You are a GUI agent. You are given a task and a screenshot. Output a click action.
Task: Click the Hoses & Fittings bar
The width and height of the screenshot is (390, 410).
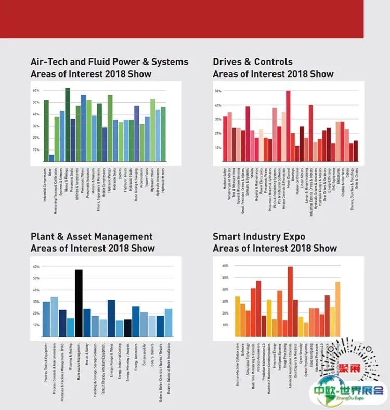click(68, 125)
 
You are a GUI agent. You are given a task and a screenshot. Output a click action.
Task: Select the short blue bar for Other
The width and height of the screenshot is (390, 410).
click(51, 158)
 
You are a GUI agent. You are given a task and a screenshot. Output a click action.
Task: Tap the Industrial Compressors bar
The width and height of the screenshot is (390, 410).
click(46, 131)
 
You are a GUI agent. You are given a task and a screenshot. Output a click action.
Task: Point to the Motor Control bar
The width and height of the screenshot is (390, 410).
click(288, 126)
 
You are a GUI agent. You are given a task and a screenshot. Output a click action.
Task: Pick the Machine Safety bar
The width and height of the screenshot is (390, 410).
click(225, 139)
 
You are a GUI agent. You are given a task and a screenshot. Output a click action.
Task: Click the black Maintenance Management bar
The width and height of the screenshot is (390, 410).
click(79, 303)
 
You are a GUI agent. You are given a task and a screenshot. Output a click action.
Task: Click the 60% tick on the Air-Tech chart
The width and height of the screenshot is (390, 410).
click(36, 90)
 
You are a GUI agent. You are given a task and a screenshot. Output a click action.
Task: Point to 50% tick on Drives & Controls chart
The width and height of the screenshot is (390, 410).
click(218, 91)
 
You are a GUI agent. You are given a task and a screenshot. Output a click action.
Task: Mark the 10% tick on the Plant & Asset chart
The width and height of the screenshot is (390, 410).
click(36, 325)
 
